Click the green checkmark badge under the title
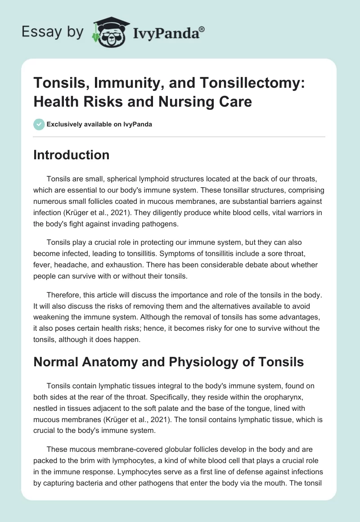(39, 124)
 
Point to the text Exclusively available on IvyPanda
(99, 125)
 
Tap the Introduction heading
(71, 155)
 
